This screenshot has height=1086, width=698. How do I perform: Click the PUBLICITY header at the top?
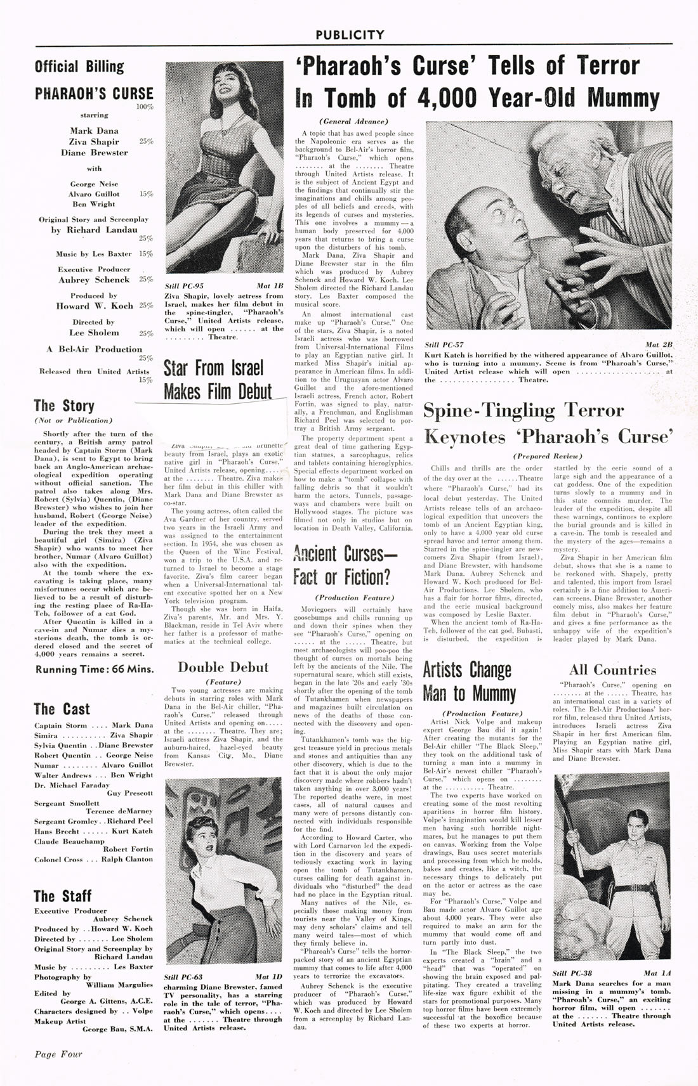349,34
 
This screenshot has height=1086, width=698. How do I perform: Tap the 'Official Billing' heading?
79,67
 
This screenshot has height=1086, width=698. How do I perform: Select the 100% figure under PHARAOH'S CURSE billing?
145,107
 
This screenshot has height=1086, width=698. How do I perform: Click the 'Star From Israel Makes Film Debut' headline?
218,379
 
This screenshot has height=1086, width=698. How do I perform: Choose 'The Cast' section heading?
62,709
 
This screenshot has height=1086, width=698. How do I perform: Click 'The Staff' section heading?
62,895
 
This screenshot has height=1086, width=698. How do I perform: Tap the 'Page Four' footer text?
58,1054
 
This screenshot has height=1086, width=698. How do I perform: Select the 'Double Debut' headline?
223,667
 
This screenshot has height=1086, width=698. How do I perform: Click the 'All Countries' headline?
612,669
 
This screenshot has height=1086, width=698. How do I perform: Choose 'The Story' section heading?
64,406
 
